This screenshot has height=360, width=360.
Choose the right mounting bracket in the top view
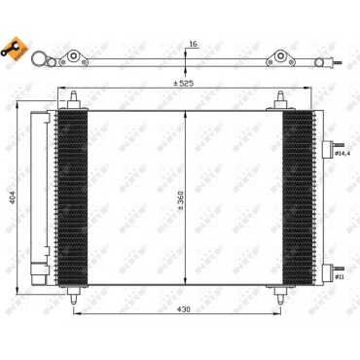coord(282,60)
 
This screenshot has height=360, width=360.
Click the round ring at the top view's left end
coord(43,63)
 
